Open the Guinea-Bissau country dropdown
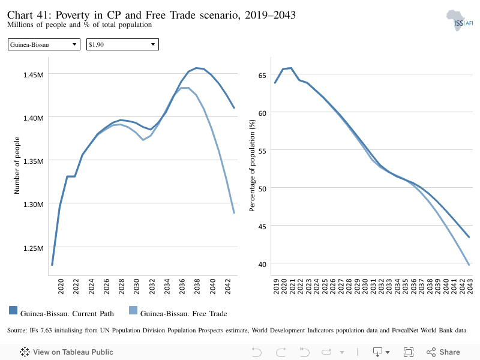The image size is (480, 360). tap(44, 44)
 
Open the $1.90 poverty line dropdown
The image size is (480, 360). tap(122, 44)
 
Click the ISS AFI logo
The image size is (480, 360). tap(460, 20)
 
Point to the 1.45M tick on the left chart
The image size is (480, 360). tap(34, 74)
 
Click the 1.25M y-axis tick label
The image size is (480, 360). tap(34, 248)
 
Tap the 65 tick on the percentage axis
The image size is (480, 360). tap(262, 76)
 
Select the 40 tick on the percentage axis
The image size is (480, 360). tap(262, 264)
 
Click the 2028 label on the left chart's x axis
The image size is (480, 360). tap(122, 286)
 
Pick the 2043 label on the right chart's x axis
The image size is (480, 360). tap(470, 286)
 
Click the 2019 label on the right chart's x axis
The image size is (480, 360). tap(276, 286)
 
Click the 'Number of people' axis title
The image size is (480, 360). tap(17, 166)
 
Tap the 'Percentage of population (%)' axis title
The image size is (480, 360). tap(252, 166)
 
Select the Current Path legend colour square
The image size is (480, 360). tap(13, 310)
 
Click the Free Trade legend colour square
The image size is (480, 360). tap(133, 310)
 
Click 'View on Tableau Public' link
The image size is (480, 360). tap(67, 352)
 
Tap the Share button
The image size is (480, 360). tap(443, 352)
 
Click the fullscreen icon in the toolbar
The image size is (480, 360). tap(409, 352)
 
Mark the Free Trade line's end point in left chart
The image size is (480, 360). tap(234, 213)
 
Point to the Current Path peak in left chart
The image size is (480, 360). tap(196, 68)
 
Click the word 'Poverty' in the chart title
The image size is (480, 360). tap(73, 15)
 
